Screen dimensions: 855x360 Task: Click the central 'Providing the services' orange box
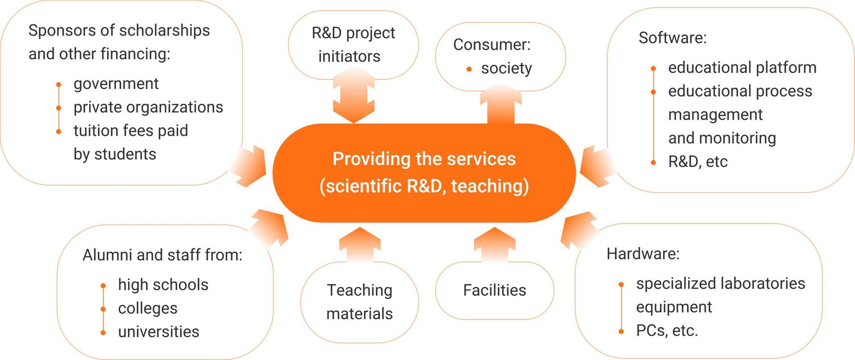(424, 173)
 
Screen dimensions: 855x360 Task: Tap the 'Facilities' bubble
(494, 290)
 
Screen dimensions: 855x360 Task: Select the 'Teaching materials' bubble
(360, 302)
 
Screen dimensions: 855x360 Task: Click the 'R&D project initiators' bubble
(353, 45)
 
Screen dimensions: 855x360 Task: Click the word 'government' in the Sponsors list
(116, 84)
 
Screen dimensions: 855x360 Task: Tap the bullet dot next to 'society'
(469, 69)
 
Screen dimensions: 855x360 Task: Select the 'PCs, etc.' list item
(667, 331)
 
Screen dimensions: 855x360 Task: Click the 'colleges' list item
(147, 308)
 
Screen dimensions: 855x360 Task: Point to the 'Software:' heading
(672, 38)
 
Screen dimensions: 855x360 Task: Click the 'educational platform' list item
(742, 68)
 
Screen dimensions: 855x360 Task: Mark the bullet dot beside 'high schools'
(103, 286)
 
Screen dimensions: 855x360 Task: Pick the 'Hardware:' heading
(643, 254)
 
